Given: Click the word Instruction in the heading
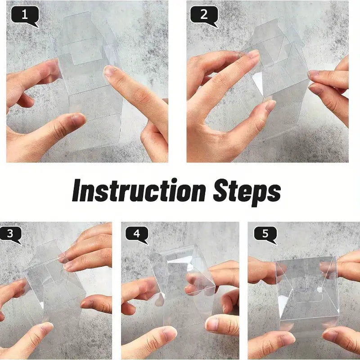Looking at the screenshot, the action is click(139, 190).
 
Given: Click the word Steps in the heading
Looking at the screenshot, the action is click(247, 193).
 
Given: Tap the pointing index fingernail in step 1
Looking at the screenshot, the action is click(110, 70).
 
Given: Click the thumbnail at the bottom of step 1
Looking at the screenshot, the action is click(78, 120).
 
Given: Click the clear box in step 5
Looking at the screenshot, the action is click(307, 294).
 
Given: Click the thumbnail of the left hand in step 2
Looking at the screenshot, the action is click(270, 106).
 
